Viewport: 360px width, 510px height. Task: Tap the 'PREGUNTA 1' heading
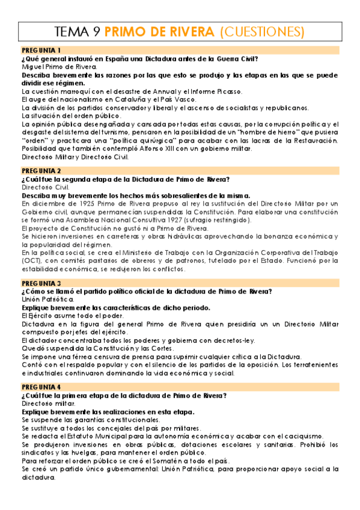40,50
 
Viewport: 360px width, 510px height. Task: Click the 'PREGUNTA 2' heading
40,171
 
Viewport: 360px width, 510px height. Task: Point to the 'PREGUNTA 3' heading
40,283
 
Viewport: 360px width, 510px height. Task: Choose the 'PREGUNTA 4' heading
40,387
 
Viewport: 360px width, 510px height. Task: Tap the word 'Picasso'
225,91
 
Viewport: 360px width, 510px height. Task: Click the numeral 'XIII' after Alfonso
159,149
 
